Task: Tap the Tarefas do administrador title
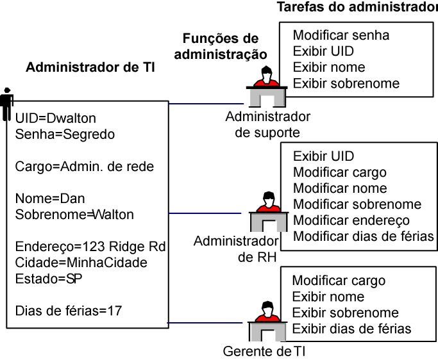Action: (x=357, y=8)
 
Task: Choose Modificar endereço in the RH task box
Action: (x=351, y=220)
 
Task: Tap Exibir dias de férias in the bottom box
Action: (x=351, y=329)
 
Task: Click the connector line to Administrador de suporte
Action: (x=205, y=102)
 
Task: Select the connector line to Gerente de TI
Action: (x=205, y=323)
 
